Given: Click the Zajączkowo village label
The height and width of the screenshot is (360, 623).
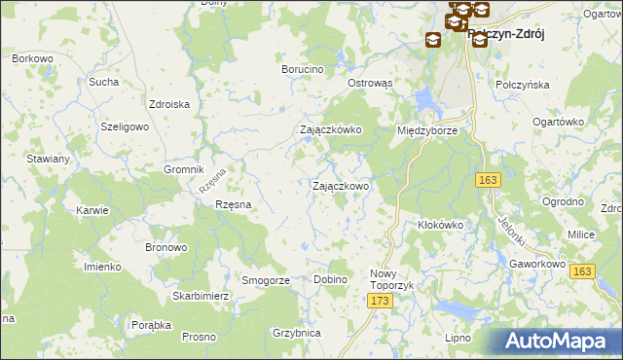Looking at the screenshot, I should [339, 186].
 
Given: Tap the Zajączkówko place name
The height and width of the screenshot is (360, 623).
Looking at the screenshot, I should [331, 129].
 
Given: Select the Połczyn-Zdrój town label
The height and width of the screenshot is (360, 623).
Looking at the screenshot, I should [505, 34].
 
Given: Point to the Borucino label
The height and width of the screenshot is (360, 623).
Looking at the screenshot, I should [302, 70].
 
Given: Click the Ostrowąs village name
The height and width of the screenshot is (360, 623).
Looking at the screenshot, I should [370, 84].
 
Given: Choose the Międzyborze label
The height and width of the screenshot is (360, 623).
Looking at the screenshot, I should [426, 129].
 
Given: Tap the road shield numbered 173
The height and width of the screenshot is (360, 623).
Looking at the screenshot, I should [381, 303].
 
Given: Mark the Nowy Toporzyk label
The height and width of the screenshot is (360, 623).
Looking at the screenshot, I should [390, 280].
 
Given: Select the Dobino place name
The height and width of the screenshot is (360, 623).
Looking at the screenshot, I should [331, 280].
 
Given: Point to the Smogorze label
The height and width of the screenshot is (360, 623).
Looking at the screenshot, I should [266, 280].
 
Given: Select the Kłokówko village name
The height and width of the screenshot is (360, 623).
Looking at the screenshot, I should [440, 225].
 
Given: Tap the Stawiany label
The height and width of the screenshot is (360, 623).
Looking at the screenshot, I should [49, 159].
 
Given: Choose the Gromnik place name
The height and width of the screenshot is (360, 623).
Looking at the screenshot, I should [183, 168].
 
